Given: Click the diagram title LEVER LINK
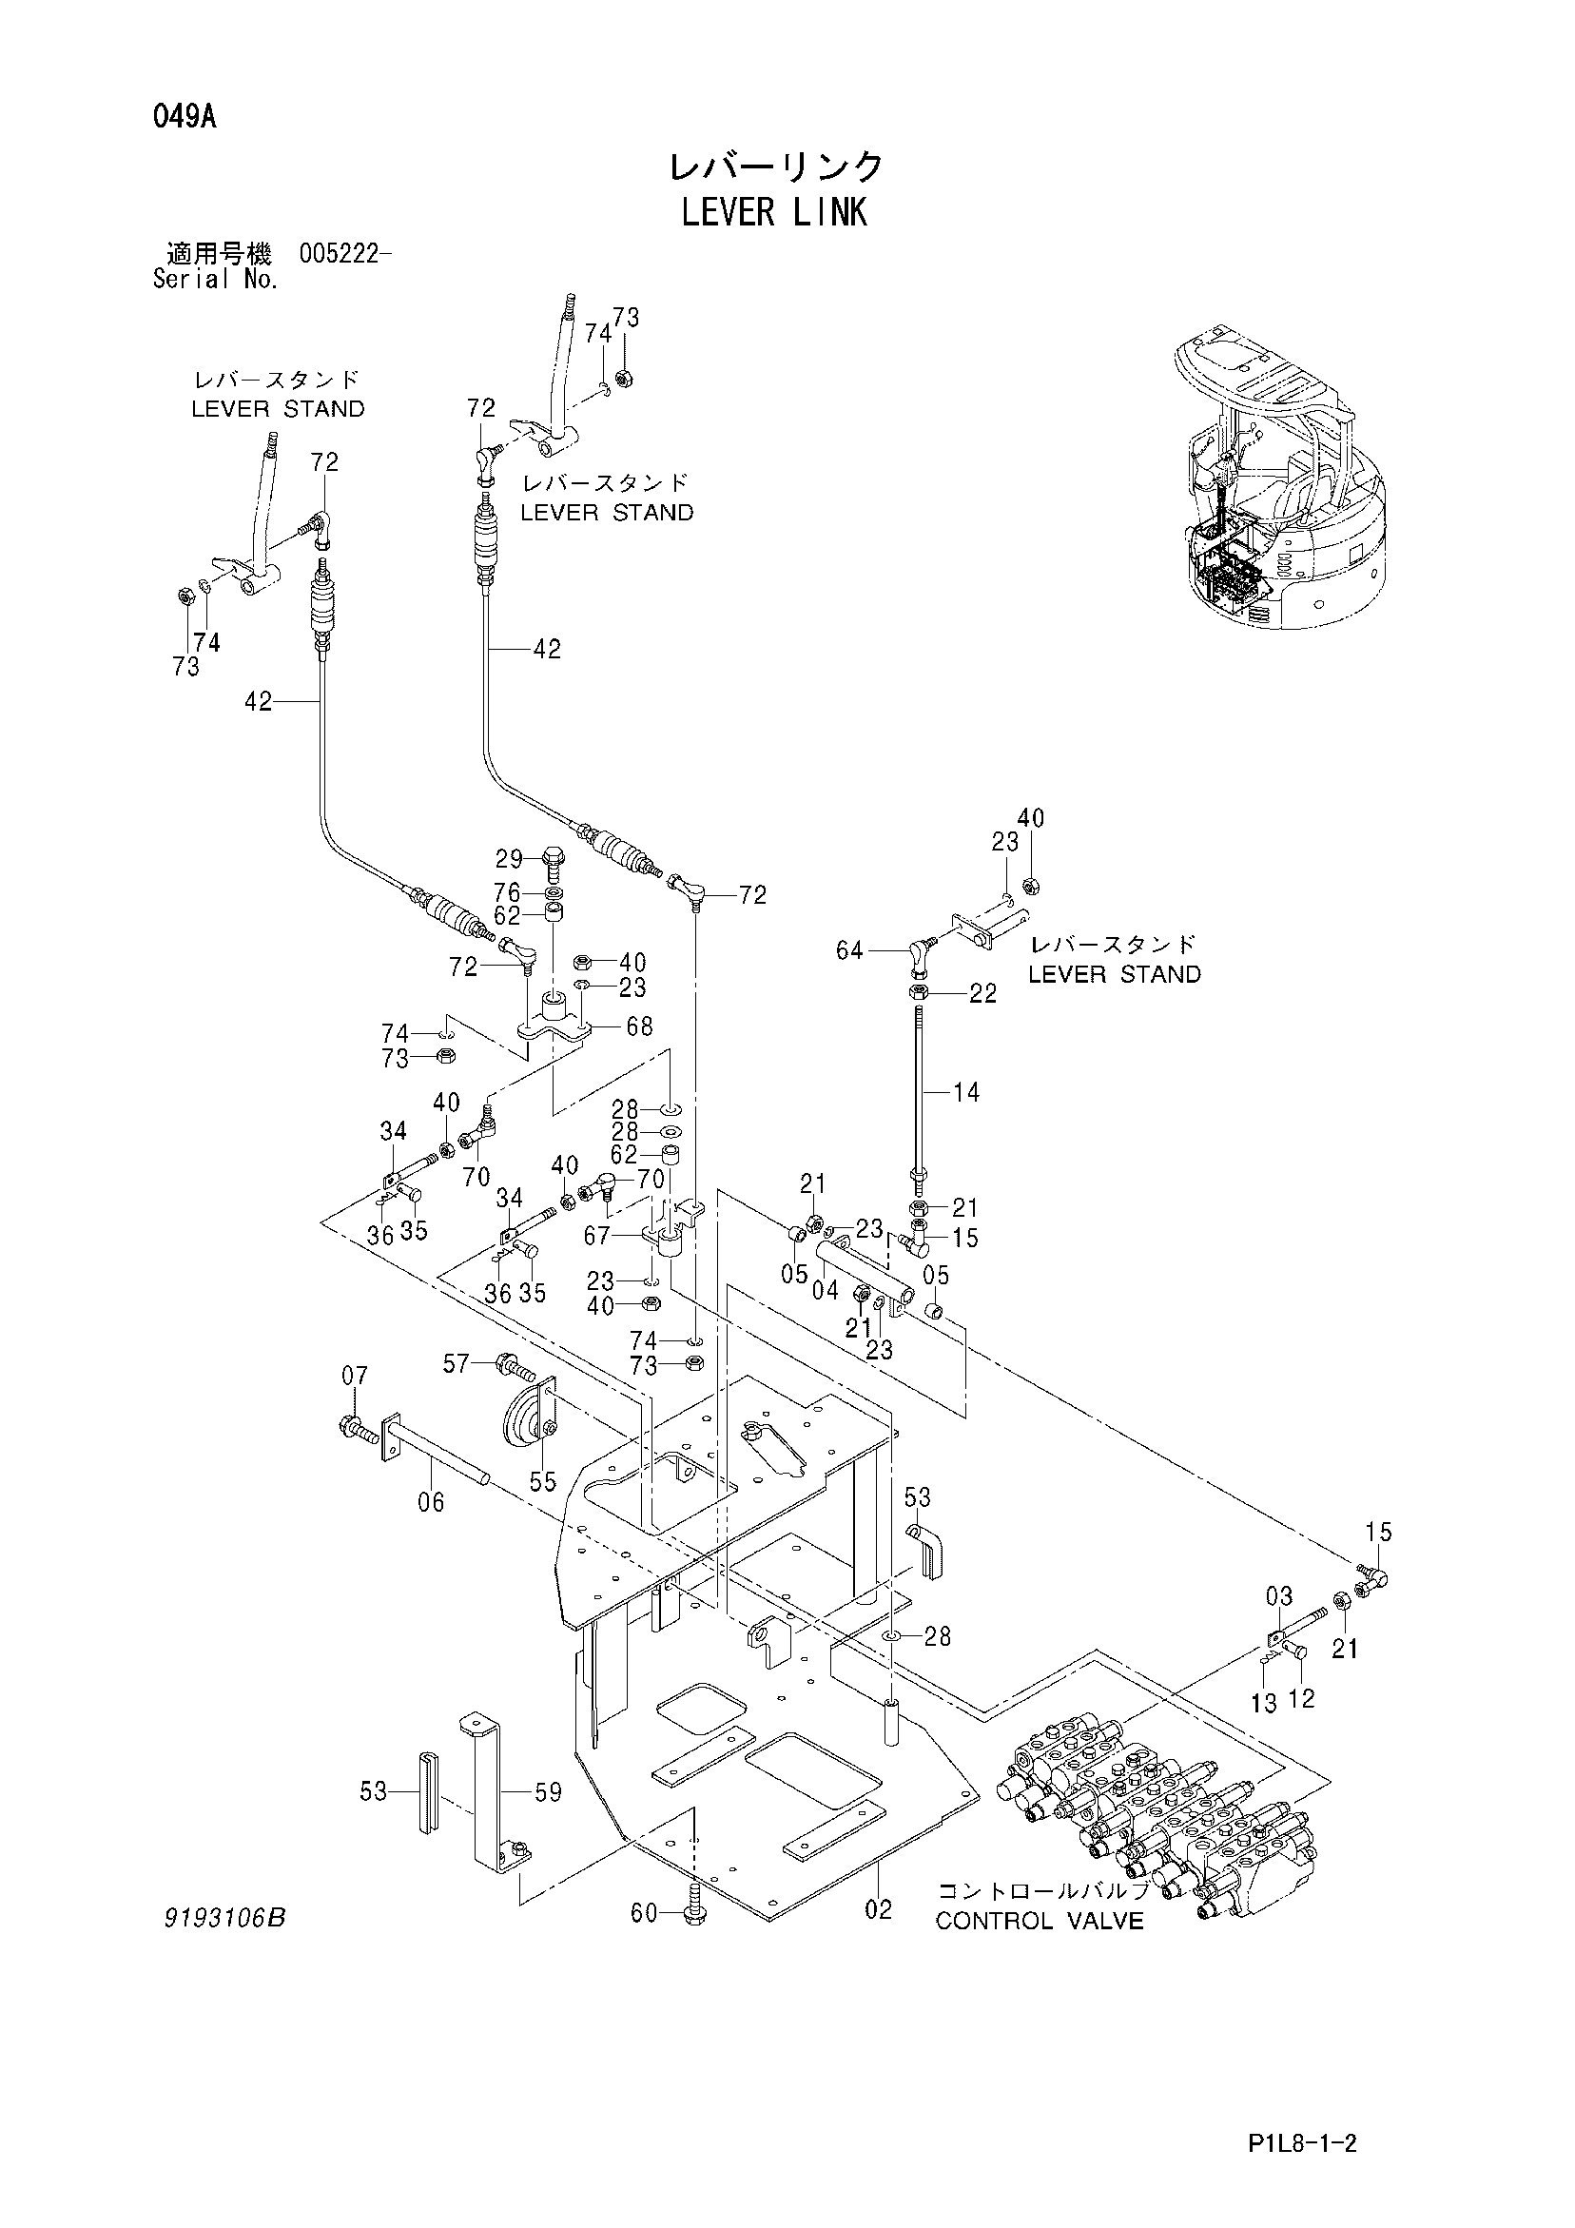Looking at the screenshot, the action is pyautogui.click(x=773, y=212).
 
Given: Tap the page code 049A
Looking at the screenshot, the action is pyautogui.click(x=184, y=118).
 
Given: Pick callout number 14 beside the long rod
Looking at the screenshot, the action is pyautogui.click(x=966, y=1092).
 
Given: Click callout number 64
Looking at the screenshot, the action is pyautogui.click(x=849, y=950).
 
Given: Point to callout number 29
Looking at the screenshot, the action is pyautogui.click(x=510, y=859).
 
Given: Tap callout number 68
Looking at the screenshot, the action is pyautogui.click(x=639, y=1026).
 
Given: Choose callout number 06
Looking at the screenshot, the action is pyautogui.click(x=431, y=1530).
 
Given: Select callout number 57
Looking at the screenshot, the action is pyautogui.click(x=457, y=1364).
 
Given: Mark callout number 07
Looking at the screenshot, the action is pyautogui.click(x=355, y=1375).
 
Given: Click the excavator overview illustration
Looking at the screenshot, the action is pyautogui.click(x=1281, y=482).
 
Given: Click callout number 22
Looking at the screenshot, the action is pyautogui.click(x=983, y=994).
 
